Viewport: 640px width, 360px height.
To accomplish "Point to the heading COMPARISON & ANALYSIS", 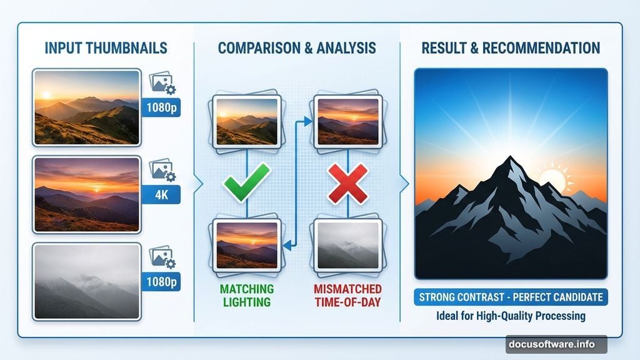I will [297, 48].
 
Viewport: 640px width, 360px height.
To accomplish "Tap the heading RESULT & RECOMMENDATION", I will [511, 48].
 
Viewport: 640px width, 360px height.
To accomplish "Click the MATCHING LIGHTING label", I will [246, 296].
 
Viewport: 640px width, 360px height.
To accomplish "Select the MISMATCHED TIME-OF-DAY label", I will [348, 296].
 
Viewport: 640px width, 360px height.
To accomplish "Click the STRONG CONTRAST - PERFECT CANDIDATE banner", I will [511, 296].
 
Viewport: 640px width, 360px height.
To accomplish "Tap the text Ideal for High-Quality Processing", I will [511, 316].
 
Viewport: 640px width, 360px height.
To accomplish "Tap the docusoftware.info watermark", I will [556, 344].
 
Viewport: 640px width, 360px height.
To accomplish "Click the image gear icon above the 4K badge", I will [162, 169].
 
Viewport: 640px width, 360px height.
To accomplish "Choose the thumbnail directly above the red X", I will [347, 121].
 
